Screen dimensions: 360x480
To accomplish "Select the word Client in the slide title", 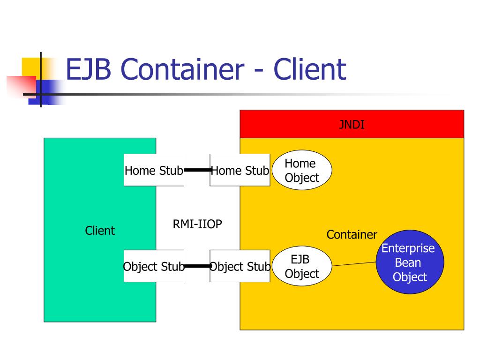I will [310, 69].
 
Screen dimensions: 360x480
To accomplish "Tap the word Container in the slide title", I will [186, 69].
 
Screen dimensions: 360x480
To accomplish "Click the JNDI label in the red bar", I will [352, 125].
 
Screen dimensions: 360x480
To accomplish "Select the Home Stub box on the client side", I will [154, 170].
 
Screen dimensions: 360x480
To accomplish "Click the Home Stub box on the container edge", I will [240, 170].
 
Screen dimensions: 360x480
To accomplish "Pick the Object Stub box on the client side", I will [154, 266].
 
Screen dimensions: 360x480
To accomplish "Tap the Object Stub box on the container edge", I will [240, 266].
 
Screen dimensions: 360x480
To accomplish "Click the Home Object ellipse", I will [301, 170].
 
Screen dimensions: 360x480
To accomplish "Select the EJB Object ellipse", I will [301, 267].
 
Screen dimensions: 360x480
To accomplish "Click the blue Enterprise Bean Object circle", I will [410, 262].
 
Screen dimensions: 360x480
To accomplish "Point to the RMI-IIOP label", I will [197, 225].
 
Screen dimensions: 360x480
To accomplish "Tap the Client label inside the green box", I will [100, 231].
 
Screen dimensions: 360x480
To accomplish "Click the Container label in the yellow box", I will [352, 235].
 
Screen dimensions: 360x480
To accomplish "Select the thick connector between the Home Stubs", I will [197, 170].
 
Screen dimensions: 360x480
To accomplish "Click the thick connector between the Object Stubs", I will [197, 266].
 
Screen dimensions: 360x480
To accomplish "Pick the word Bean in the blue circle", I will [408, 262].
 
